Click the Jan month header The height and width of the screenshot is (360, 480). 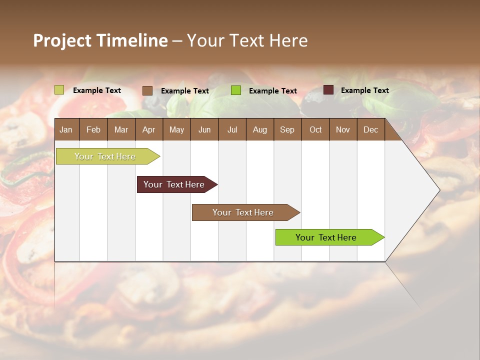click(66, 129)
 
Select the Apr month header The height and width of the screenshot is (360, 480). click(148, 129)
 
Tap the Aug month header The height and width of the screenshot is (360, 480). click(259, 129)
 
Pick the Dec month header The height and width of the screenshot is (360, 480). click(370, 129)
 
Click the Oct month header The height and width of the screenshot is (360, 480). click(315, 129)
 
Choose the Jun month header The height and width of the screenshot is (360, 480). click(204, 129)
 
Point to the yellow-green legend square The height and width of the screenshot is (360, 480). click(59, 90)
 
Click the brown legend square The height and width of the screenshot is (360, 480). click(147, 90)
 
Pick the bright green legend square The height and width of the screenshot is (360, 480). click(236, 90)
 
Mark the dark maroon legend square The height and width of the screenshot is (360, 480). click(328, 90)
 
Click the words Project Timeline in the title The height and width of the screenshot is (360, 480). click(100, 40)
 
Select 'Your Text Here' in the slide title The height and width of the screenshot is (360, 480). click(247, 40)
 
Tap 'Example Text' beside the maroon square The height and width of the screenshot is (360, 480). click(364, 90)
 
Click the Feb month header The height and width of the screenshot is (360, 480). click(93, 129)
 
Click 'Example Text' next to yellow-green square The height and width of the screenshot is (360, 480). click(96, 90)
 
